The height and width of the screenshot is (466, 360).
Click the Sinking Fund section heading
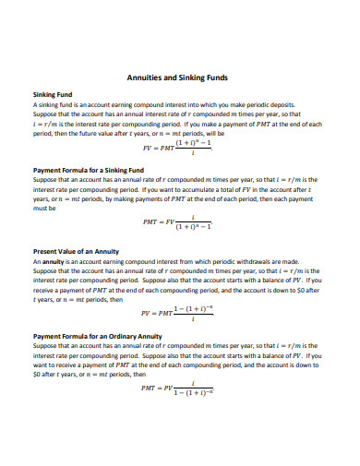(x=51, y=95)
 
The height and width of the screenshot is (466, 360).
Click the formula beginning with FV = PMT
(x=179, y=146)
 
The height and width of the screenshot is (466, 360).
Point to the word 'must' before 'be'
(x=42, y=208)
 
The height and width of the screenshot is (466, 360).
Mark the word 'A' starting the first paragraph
(x=34, y=104)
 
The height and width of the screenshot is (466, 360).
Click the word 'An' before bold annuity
(x=37, y=261)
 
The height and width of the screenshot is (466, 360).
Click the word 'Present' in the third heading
(x=46, y=252)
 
